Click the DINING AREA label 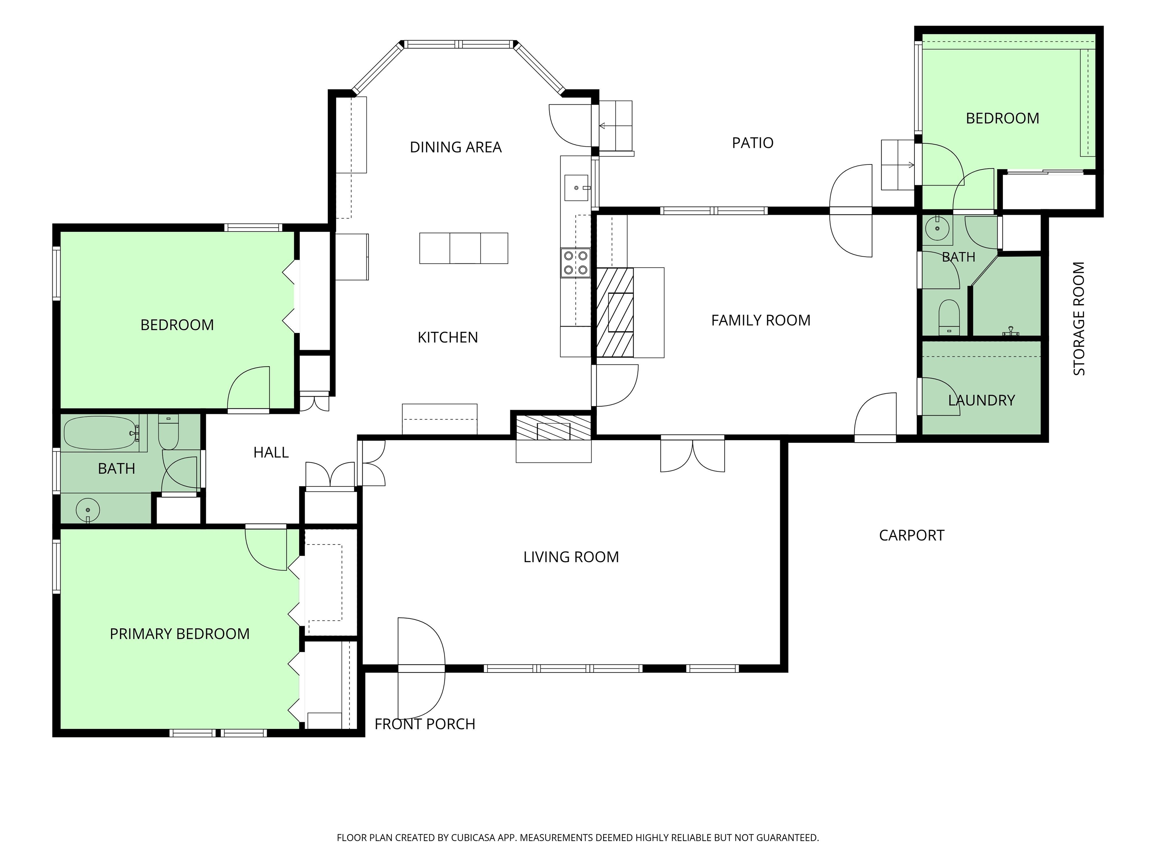click(455, 148)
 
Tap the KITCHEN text click(448, 338)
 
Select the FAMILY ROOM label click(761, 320)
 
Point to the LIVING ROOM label click(571, 557)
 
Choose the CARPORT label click(911, 536)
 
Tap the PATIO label click(753, 143)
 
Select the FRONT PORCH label click(425, 724)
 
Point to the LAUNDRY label click(981, 400)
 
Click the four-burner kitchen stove click(575, 263)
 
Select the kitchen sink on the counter click(577, 188)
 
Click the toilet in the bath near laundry click(949, 317)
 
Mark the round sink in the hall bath click(88, 510)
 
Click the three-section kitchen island click(464, 248)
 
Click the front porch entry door click(421, 668)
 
